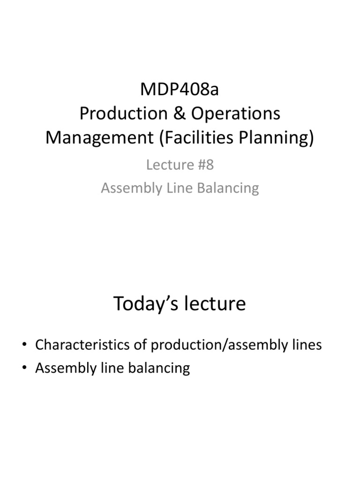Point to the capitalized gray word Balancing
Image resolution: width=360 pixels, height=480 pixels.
click(230, 188)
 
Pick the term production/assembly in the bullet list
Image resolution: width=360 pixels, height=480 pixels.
click(221, 345)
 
